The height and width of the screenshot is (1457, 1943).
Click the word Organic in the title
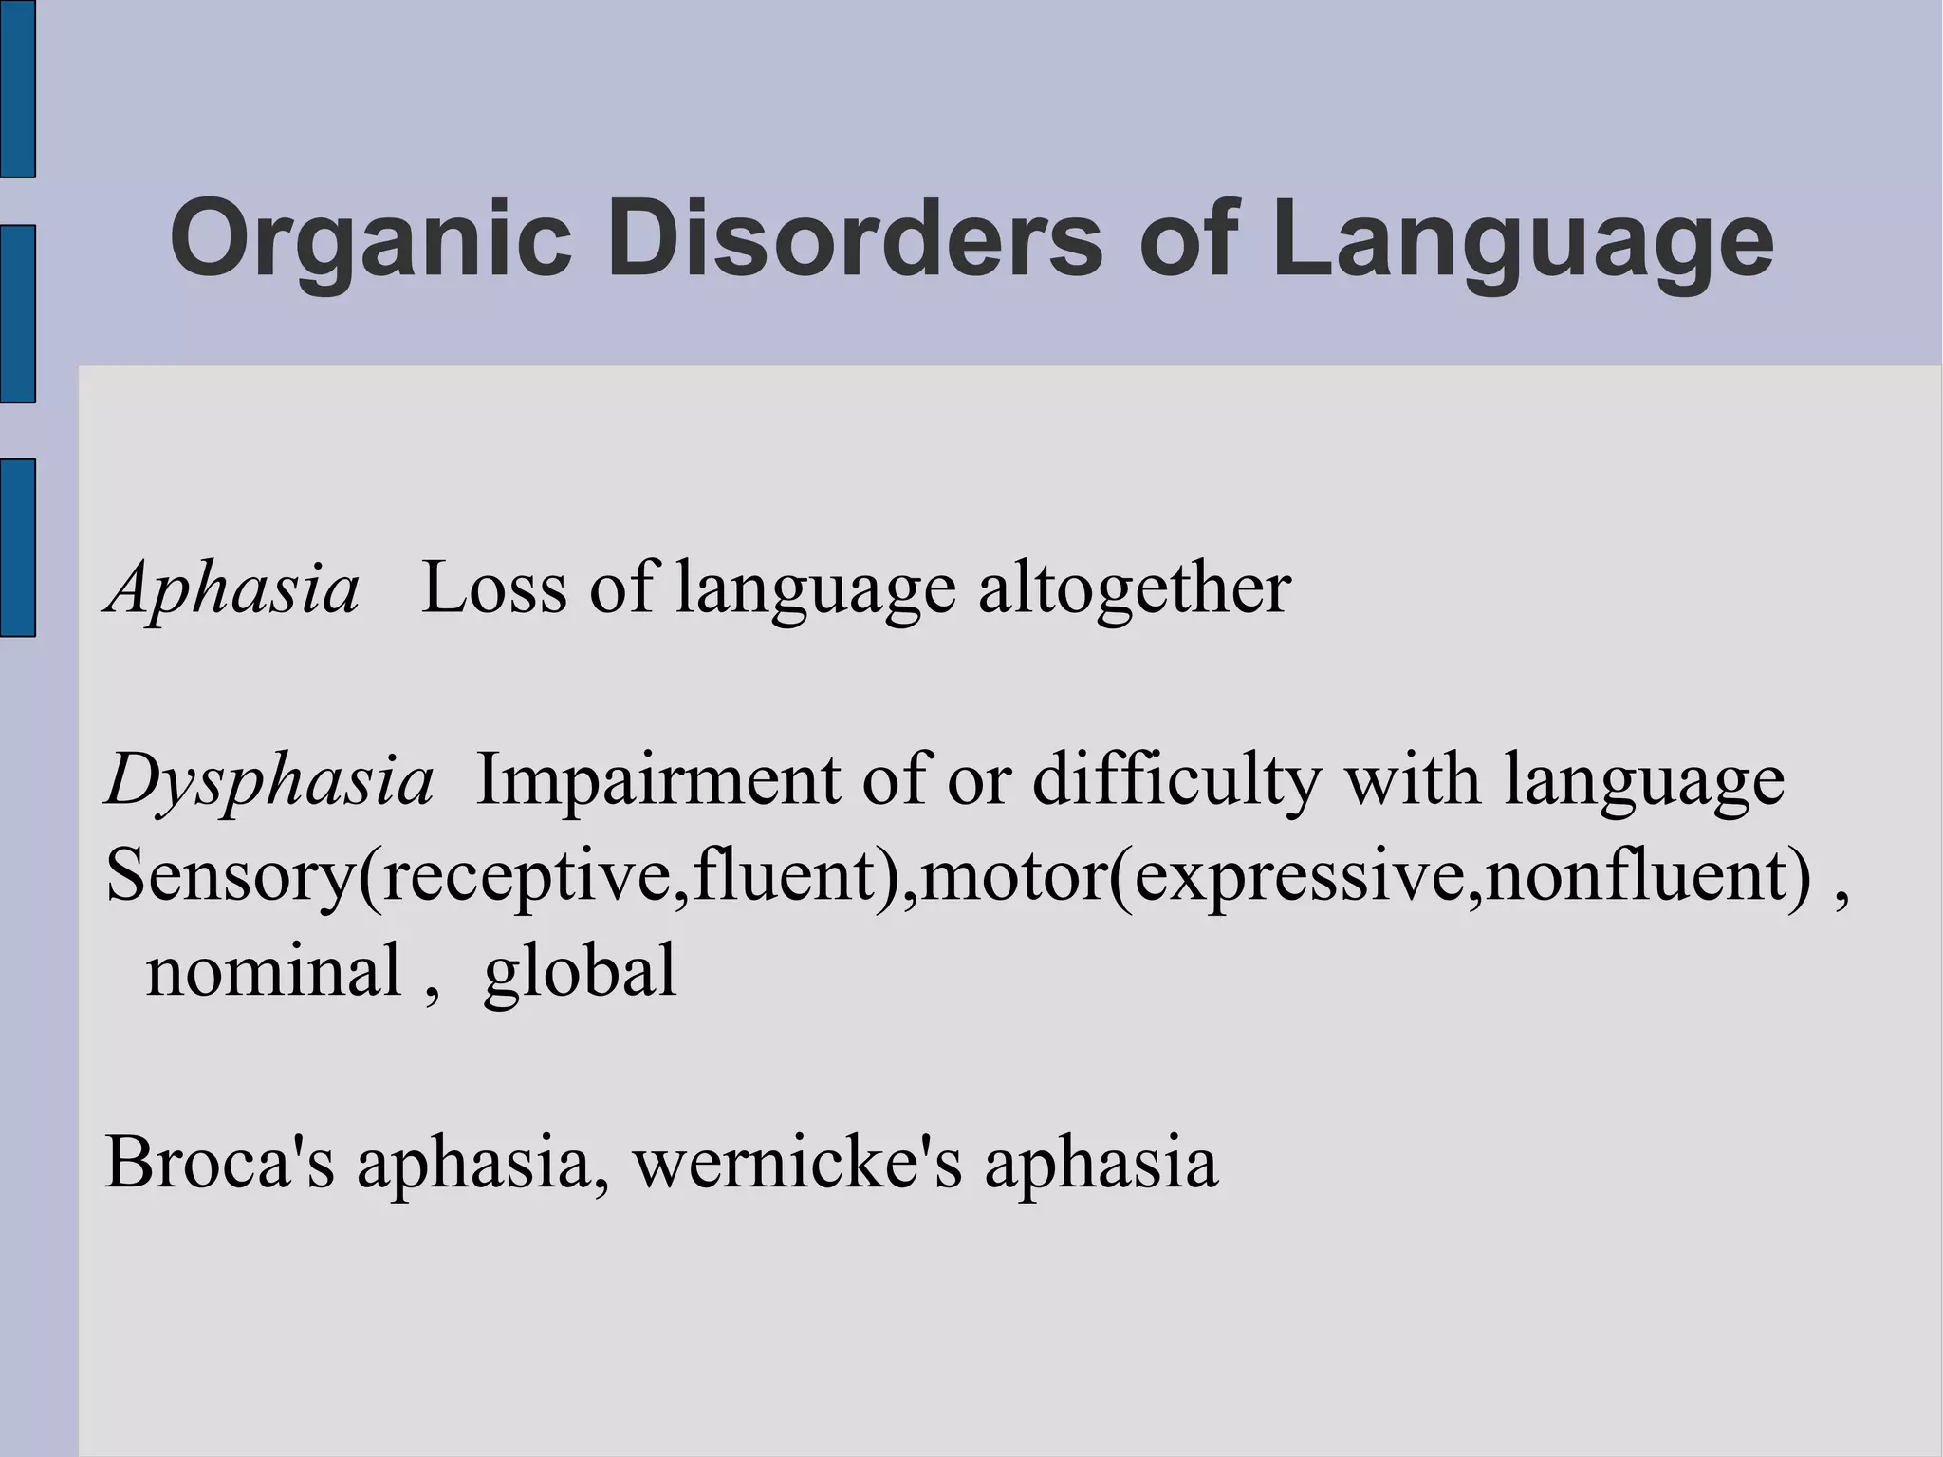371,239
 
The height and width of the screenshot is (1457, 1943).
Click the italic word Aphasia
233,588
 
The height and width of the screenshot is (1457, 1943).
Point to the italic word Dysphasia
269,781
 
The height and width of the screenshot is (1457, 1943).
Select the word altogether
1134,588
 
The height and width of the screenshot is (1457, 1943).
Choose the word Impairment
657,781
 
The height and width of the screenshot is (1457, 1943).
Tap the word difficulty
1176,781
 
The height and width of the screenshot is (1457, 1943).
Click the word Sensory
229,876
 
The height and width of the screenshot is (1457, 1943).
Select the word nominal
273,971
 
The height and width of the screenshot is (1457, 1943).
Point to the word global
580,971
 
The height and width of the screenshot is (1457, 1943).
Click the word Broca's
219,1163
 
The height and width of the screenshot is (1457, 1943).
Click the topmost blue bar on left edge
17,88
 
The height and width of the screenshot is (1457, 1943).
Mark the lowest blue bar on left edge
17,547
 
